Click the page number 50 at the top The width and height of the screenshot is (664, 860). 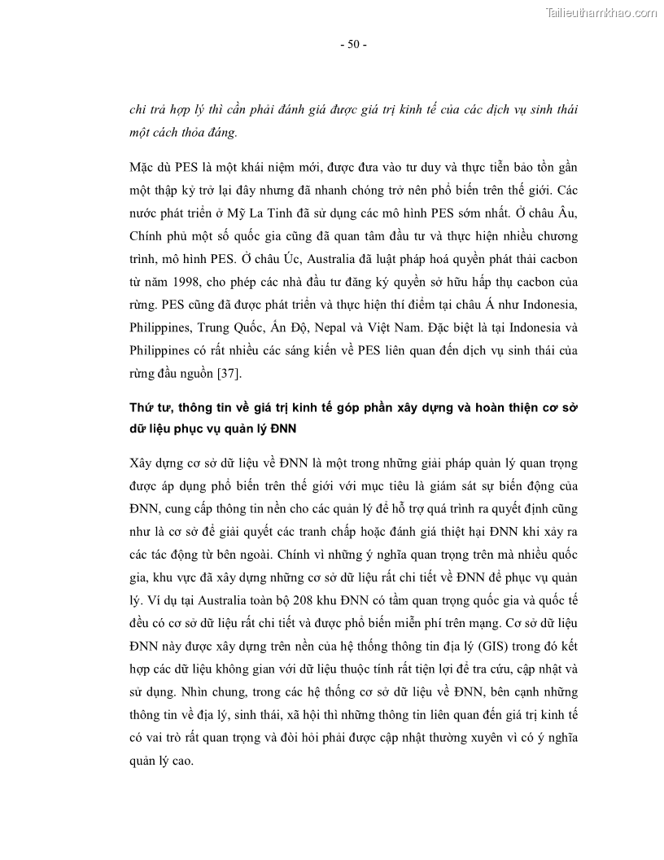click(x=353, y=44)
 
